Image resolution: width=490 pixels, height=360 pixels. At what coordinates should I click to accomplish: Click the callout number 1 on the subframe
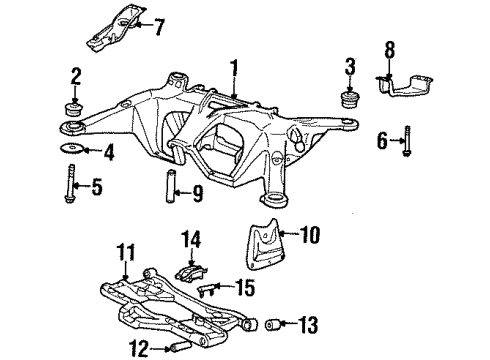click(x=236, y=69)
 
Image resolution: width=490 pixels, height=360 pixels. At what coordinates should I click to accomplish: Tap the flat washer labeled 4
click(x=73, y=151)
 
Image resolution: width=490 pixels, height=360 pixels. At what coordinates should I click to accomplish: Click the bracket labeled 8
click(x=409, y=83)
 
